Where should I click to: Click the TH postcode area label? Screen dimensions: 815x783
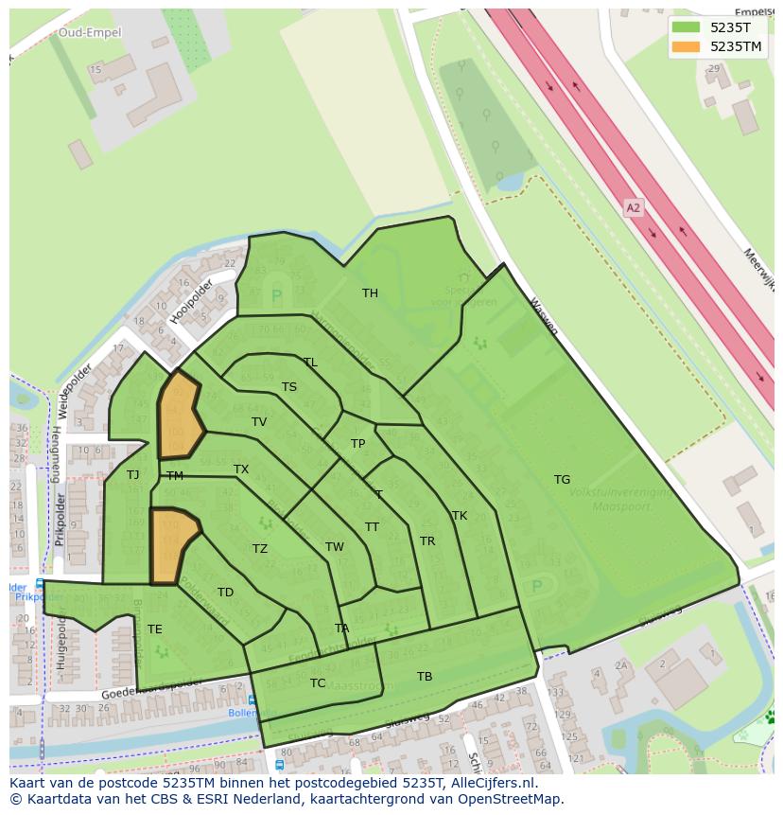point(370,293)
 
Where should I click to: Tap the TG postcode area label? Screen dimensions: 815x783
point(562,480)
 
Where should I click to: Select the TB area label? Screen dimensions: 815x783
point(425,677)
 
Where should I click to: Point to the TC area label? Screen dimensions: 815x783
point(318,683)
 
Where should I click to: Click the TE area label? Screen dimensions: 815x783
point(155,629)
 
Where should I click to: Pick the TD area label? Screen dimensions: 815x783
point(225,594)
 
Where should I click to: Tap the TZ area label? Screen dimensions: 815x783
point(260,549)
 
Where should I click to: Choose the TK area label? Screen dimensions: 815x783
point(460,516)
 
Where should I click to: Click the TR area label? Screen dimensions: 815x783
point(427,541)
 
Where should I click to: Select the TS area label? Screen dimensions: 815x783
point(289,387)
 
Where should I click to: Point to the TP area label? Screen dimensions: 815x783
point(357,444)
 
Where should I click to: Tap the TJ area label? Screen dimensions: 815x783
point(133,475)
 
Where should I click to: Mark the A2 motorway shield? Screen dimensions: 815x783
point(634,206)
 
